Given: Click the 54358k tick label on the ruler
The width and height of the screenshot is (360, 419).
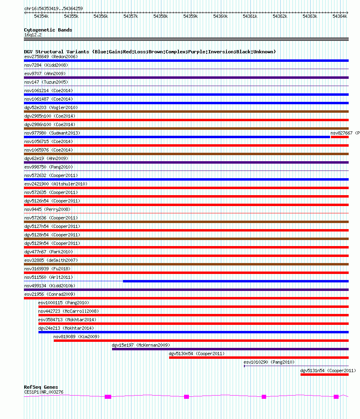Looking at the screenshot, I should [161, 16].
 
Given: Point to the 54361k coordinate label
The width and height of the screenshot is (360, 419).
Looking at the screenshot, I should [250, 16].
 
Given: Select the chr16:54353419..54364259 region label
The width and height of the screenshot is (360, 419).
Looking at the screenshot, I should [53, 8].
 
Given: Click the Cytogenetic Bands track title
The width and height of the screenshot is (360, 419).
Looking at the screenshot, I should [48, 30].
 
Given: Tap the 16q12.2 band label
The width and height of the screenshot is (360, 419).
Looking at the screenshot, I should [33, 35].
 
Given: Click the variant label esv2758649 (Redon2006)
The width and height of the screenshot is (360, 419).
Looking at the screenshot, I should [51, 57].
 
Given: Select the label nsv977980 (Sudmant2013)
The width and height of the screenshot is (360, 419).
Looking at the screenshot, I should [52, 133].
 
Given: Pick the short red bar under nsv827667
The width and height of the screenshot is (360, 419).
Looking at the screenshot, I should [339, 137].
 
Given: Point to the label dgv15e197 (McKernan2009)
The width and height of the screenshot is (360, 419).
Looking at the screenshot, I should [141, 345].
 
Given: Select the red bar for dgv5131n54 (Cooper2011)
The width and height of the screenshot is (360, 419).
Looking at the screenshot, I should [324, 375].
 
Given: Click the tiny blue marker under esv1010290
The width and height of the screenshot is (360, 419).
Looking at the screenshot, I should [244, 366].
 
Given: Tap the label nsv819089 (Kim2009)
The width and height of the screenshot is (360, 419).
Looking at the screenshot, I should [76, 337].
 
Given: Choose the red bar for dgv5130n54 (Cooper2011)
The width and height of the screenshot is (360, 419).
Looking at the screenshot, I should [258, 358].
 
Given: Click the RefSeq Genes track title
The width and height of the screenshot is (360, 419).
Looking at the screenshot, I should [41, 387].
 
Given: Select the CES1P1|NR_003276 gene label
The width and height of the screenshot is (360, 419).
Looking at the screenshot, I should [44, 392].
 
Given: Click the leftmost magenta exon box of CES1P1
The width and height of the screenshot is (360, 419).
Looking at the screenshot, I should [108, 397].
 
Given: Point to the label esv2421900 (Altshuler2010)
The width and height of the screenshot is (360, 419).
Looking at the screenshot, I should [56, 184].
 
